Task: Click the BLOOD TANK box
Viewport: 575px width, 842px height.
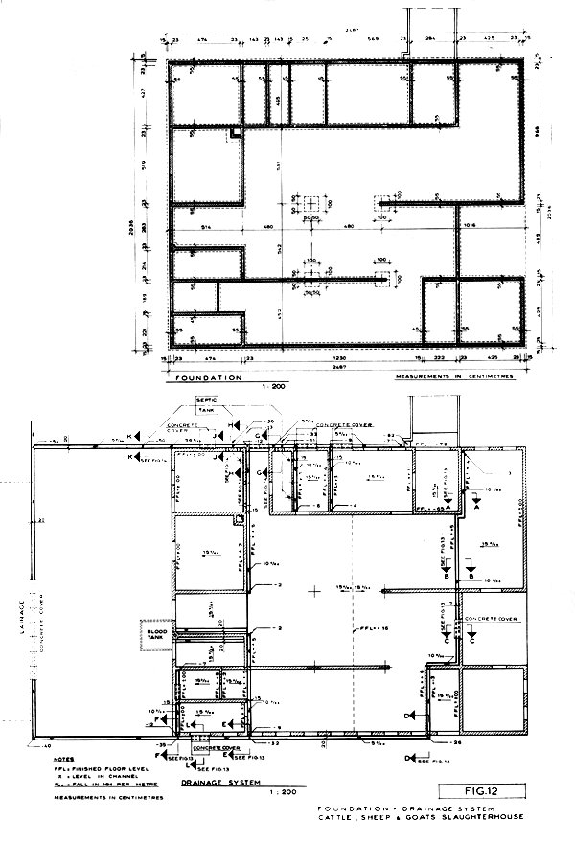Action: coord(154,634)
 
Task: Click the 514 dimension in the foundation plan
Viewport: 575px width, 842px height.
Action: coord(207,226)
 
